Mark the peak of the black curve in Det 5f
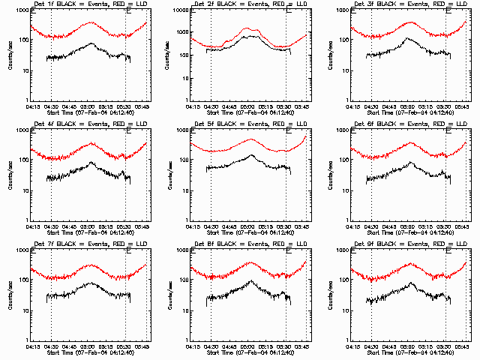pos(251,155)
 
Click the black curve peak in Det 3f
pos(409,37)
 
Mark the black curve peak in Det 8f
pos(250,280)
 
